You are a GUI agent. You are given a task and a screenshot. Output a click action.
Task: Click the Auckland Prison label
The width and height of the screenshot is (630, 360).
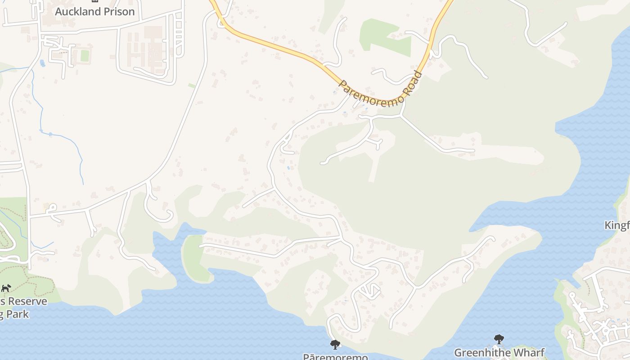coord(94,12)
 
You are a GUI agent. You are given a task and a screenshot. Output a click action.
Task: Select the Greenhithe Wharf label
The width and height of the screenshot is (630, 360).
coord(499,352)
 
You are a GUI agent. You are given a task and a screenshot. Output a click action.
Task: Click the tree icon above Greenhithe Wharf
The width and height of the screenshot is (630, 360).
coord(499,339)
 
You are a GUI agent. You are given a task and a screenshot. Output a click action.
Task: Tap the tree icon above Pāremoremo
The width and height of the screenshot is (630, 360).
coord(335,345)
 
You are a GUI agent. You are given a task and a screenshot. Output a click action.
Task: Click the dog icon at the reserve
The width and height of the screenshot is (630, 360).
coord(6,288)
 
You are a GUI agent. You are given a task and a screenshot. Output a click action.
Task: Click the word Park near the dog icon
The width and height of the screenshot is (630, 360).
coord(18,314)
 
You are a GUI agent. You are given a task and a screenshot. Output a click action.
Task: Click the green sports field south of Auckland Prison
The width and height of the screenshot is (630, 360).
coord(84,56)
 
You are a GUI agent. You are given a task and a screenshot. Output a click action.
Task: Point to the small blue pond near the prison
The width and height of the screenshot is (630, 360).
coord(42,63)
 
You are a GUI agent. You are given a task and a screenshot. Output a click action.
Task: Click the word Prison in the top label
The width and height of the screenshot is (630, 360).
coord(118,12)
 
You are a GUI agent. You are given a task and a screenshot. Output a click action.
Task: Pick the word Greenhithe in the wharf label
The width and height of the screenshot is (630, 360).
coord(482,352)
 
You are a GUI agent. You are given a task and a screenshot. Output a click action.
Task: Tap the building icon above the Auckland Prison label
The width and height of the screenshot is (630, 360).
coord(94,1)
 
